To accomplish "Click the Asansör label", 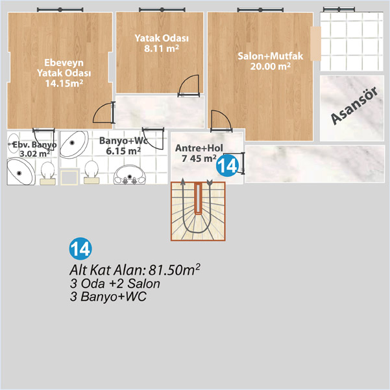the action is (x=354, y=106).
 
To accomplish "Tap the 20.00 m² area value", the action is (x=271, y=67).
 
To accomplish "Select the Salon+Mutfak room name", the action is (x=271, y=56).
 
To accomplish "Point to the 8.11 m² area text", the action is (x=162, y=48).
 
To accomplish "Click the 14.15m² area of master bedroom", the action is (x=64, y=84).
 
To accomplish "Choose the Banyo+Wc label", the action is (x=123, y=141).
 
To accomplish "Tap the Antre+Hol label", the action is (x=199, y=148).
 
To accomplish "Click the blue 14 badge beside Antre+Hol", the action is (x=227, y=165).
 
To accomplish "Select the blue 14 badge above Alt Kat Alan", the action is (x=80, y=249).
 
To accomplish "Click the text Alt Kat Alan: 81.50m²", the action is (x=135, y=270).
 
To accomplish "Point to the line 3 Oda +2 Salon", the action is (x=115, y=284).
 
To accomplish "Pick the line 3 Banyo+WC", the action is (x=108, y=297).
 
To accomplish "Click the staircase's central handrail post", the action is (x=198, y=199).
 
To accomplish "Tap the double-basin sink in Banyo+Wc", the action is (x=129, y=175).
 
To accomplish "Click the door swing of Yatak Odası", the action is (x=189, y=86).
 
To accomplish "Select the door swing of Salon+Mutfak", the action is (x=221, y=121).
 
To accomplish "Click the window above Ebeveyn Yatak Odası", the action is (x=60, y=10).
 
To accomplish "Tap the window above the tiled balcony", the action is (x=339, y=10).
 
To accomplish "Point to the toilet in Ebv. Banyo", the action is (x=47, y=174).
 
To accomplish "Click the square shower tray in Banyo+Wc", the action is (x=69, y=178).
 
